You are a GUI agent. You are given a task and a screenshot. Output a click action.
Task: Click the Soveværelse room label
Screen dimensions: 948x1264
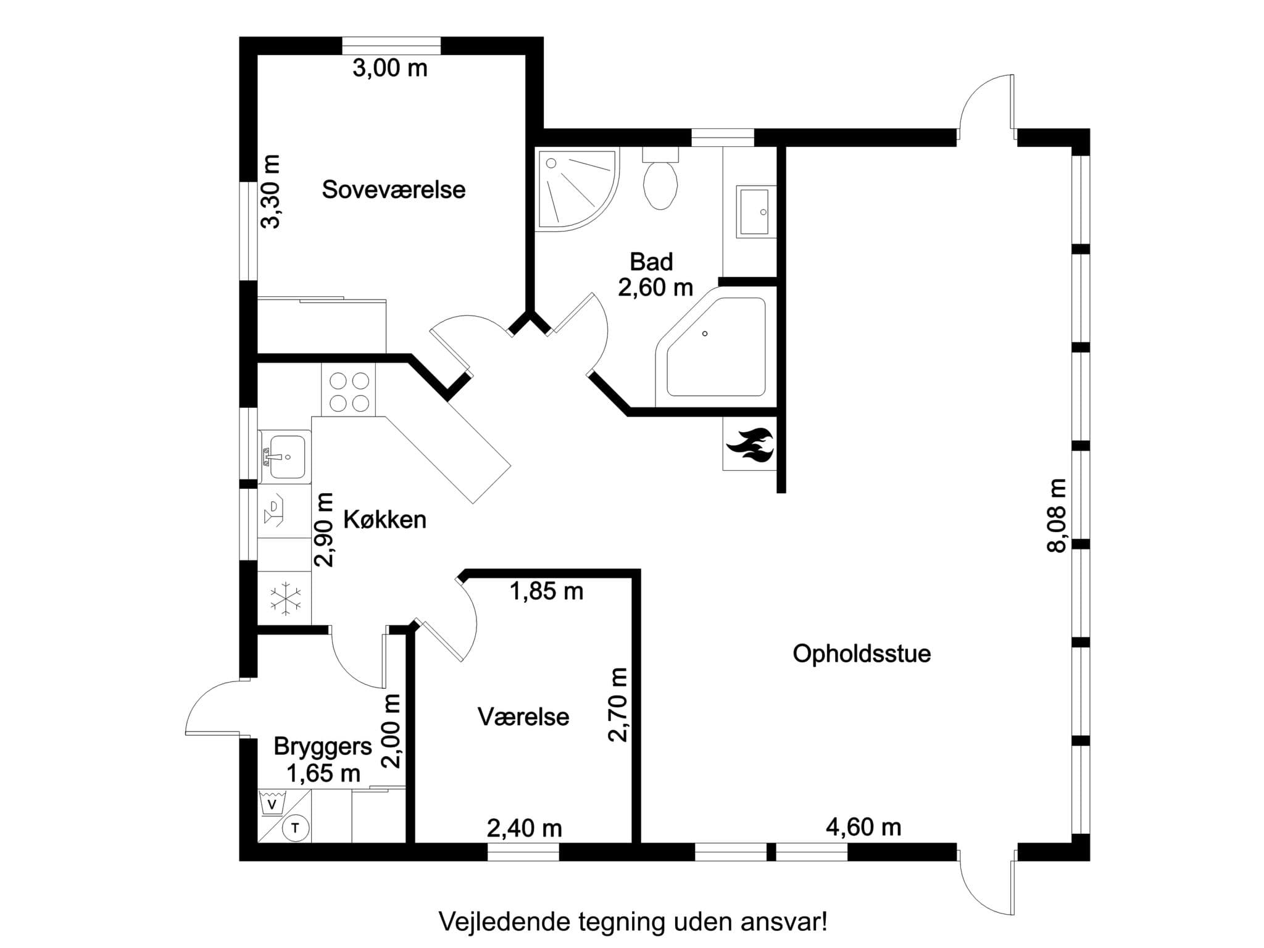[393, 189]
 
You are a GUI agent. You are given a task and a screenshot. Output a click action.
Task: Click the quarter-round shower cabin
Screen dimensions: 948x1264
[574, 188]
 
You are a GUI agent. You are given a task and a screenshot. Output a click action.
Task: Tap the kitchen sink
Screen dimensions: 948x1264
[285, 456]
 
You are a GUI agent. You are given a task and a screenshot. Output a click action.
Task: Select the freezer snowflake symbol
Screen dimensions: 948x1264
[285, 598]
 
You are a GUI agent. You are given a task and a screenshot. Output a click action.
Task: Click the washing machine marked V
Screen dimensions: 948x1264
[272, 804]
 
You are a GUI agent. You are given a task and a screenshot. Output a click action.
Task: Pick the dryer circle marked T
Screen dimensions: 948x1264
[295, 828]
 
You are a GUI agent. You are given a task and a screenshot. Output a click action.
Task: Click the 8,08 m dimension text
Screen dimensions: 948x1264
[1057, 515]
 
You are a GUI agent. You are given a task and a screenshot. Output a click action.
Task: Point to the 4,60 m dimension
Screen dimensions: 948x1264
[863, 827]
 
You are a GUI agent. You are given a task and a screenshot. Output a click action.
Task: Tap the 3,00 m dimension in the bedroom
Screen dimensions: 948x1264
[389, 68]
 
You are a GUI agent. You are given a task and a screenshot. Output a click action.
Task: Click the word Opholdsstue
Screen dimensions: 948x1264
[861, 654]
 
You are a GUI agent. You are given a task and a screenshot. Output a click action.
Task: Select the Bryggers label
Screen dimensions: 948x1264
[322, 746]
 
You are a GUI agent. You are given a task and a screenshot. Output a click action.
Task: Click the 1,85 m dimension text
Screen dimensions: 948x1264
[546, 591]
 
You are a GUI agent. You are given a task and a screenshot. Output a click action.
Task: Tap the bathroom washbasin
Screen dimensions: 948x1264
[754, 212]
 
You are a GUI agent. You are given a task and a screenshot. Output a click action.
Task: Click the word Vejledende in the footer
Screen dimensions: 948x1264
[504, 923]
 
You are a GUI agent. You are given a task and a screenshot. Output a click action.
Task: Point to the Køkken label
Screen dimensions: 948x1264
[385, 520]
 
